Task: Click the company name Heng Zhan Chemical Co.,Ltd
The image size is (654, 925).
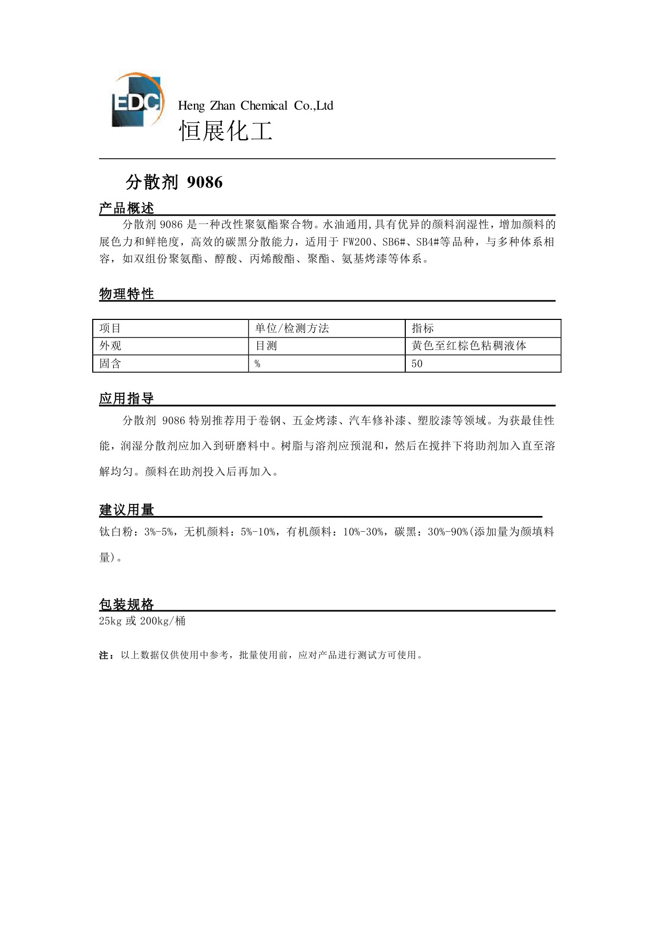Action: pos(256,106)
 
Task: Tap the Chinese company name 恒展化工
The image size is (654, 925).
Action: pos(226,130)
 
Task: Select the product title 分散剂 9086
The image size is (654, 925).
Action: pos(174,182)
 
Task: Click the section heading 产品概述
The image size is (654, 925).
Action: pos(126,209)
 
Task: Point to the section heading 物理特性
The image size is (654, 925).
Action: pos(126,294)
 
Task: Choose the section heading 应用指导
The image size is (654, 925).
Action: pos(126,398)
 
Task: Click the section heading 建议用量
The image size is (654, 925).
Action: pos(126,510)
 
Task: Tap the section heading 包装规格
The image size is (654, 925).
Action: pos(126,604)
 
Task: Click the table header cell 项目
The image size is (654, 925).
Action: pos(111,328)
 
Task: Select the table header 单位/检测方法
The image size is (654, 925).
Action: pos(292,328)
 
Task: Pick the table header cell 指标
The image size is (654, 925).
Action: pos(423,328)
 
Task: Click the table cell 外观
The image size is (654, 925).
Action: pos(111,346)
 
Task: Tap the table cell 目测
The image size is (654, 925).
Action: pos(266,346)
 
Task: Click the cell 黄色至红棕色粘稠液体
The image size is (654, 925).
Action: pos(469,346)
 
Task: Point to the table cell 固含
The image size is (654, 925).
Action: pos(111,364)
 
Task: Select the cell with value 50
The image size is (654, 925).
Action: pos(417,364)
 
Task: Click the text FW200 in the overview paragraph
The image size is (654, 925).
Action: pos(357,242)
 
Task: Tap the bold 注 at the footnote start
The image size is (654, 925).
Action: pos(104,655)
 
